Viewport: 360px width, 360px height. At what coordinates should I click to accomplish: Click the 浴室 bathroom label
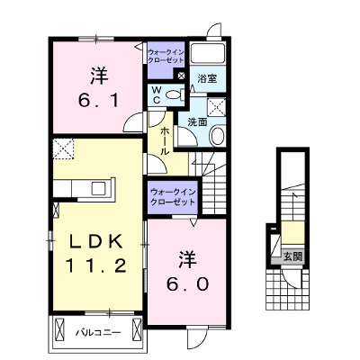(207, 79)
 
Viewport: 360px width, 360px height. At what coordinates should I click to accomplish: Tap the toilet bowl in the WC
(174, 95)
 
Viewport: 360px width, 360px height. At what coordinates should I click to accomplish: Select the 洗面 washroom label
(197, 122)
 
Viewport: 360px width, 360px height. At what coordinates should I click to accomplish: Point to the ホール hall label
(165, 141)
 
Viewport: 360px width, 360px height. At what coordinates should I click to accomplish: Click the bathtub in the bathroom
(208, 54)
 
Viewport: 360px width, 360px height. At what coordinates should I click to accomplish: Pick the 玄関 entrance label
(292, 256)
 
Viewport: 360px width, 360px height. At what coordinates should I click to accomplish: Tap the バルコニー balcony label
(98, 332)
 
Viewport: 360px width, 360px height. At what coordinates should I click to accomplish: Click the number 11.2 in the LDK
(95, 265)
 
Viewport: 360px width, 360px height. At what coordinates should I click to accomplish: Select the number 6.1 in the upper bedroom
(98, 101)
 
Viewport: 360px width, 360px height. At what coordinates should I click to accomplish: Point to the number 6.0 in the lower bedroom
(187, 284)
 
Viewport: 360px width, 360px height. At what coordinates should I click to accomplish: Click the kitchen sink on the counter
(98, 188)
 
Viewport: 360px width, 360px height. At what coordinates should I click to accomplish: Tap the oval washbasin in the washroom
(217, 136)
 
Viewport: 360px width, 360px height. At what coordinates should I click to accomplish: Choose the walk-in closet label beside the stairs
(173, 196)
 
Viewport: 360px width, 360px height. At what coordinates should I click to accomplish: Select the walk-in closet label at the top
(166, 56)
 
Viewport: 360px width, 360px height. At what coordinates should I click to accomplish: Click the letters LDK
(95, 241)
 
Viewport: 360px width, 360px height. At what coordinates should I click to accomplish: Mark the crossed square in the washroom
(217, 105)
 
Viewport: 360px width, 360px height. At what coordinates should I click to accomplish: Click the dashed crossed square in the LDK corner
(63, 148)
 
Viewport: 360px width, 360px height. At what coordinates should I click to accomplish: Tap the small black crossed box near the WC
(181, 75)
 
